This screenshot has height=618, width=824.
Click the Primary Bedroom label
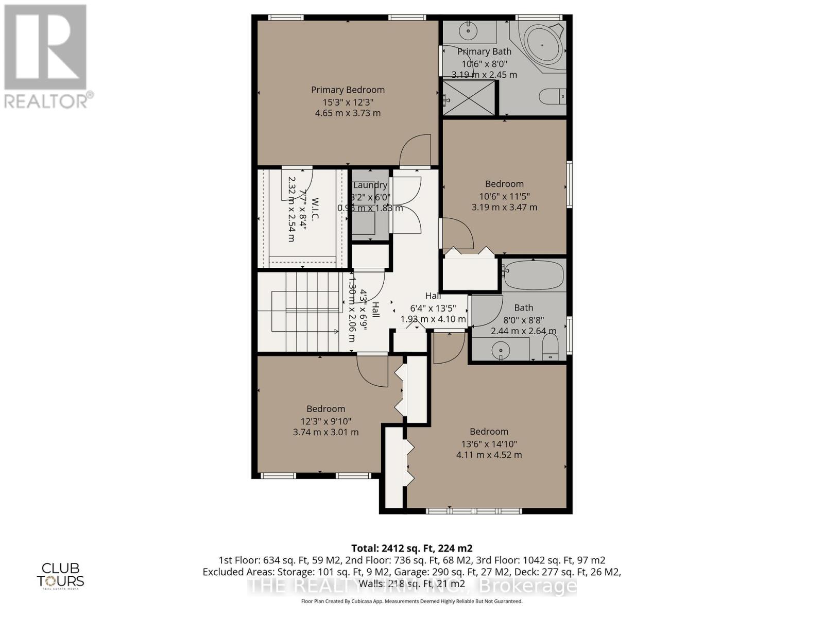pos(348,90)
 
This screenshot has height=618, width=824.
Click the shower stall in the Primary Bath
pos(469,98)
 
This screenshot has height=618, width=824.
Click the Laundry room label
pos(370,185)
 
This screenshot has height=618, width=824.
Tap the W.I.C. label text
pos(315,209)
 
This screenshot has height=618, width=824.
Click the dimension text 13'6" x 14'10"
pos(489,444)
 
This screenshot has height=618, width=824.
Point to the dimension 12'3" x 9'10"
pos(325,421)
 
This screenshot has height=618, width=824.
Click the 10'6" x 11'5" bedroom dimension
pos(504,196)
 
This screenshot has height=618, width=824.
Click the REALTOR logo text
pos(48,100)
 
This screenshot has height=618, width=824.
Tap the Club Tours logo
pos(60,575)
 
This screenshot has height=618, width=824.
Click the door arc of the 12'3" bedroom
pos(372,371)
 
